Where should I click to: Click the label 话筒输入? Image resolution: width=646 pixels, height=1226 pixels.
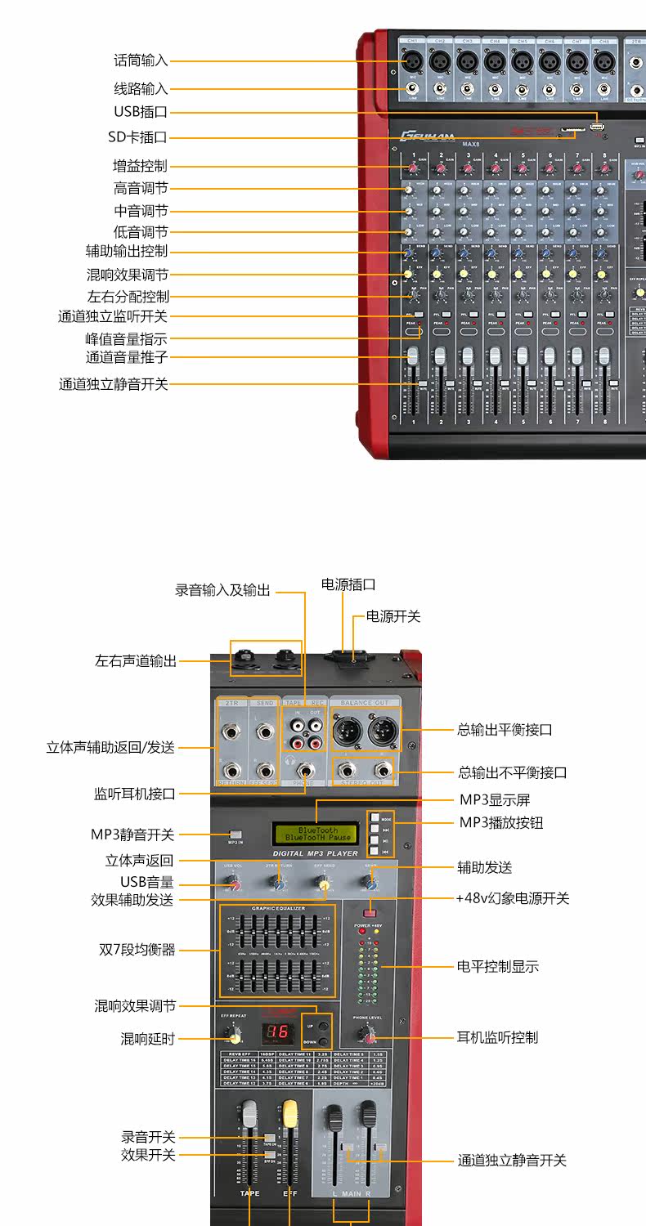[141, 60]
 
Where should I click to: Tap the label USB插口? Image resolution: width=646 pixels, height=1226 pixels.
[141, 112]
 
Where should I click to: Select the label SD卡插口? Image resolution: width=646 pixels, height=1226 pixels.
[137, 137]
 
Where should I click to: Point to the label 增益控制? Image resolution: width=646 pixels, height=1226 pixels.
[141, 166]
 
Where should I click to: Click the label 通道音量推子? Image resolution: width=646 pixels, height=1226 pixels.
[127, 357]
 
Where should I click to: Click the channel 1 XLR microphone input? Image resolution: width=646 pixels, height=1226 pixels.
[413, 60]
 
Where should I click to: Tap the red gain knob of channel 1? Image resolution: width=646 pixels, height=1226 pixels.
[414, 168]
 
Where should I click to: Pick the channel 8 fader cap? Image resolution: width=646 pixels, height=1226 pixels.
[604, 356]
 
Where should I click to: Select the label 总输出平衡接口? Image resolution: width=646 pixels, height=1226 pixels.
[505, 729]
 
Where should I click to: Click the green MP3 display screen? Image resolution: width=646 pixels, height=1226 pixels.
[316, 834]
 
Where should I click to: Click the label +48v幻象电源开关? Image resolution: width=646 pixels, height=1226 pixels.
[512, 898]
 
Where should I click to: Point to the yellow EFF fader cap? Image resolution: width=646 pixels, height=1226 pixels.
[289, 1112]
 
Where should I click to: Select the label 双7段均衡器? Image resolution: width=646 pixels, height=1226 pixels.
[137, 950]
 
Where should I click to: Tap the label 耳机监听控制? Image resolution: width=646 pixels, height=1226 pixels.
[497, 1038]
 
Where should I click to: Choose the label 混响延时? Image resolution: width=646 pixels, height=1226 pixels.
[148, 1039]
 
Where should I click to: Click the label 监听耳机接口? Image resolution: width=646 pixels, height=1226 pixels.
[134, 793]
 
